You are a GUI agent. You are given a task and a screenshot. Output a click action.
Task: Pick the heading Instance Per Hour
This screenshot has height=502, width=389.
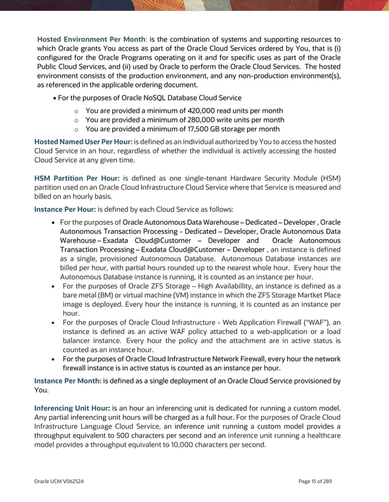coord(65,209)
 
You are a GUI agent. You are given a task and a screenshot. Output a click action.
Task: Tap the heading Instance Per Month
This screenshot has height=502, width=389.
coord(68,381)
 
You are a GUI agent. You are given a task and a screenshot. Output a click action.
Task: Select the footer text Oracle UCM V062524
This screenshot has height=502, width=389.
coord(59,481)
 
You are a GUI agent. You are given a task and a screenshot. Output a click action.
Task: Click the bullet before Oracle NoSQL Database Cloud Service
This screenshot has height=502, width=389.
coord(55,98)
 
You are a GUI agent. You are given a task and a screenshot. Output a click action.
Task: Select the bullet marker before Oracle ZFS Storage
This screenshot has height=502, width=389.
coord(55,286)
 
